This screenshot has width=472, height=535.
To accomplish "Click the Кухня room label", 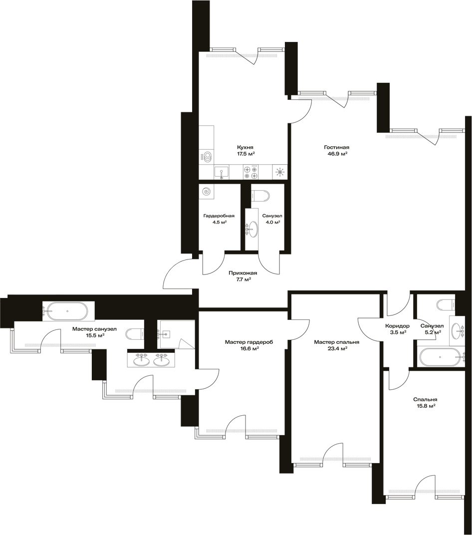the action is [x=245, y=147].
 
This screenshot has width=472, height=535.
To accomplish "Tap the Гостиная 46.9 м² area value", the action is [x=336, y=154].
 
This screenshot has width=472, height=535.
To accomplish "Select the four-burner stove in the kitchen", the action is [x=250, y=172].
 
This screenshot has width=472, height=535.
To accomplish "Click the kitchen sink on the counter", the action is [x=222, y=172].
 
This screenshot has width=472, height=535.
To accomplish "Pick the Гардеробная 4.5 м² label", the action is [x=219, y=219].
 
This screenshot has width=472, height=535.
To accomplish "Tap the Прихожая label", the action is [x=242, y=273].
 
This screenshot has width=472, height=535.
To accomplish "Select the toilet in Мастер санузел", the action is [x=135, y=333].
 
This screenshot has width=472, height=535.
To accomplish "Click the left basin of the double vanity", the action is [x=140, y=360].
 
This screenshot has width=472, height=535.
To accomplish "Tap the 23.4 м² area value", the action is [x=336, y=348].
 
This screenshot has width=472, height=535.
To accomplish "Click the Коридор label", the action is [x=397, y=326].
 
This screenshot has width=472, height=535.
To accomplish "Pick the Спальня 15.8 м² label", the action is [x=425, y=403].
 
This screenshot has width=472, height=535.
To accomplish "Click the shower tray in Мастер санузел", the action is [x=176, y=334].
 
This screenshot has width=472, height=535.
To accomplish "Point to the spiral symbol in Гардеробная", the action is [x=207, y=192].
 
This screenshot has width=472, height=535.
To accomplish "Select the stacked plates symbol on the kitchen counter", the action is [x=207, y=157].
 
